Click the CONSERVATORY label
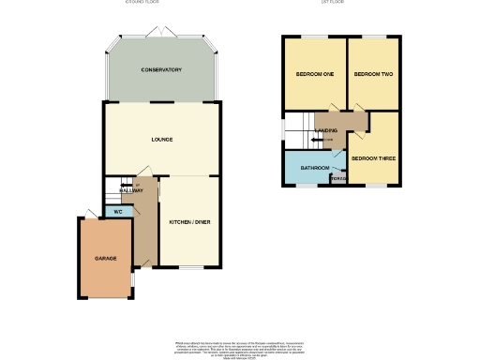click(x=161, y=70)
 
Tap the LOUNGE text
click(x=162, y=140)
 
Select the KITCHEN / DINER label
click(x=188, y=222)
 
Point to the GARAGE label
click(x=104, y=257)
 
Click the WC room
click(x=118, y=212)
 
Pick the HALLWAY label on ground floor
click(x=131, y=190)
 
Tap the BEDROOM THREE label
click(x=373, y=158)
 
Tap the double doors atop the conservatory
click(x=161, y=34)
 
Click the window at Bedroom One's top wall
click(x=312, y=38)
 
